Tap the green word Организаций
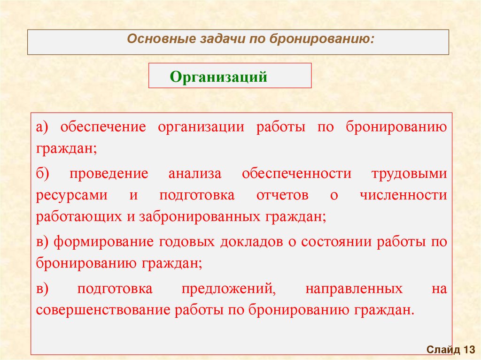218,77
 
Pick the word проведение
109,174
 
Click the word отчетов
282,196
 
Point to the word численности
403,196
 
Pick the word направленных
354,289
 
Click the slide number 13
470,350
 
